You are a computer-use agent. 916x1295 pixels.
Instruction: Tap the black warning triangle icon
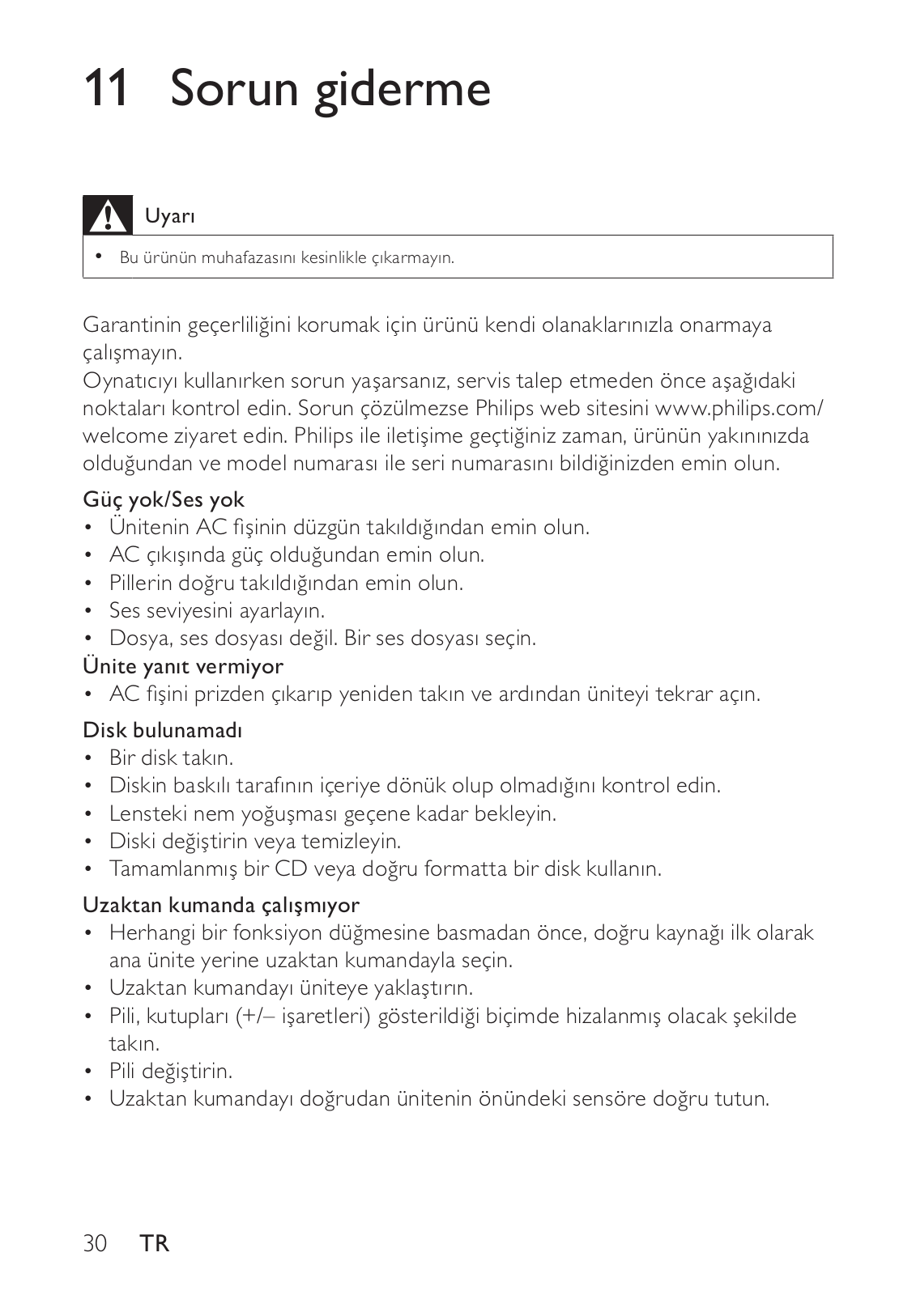(x=108, y=215)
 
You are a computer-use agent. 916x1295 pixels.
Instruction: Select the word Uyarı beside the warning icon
(x=170, y=216)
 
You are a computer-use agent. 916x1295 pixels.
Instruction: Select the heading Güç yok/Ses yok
(x=164, y=499)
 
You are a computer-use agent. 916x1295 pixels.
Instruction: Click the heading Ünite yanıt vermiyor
(x=183, y=666)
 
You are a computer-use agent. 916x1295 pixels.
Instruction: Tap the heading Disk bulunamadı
(x=163, y=730)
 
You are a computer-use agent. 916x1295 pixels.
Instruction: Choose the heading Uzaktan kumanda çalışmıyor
(x=221, y=904)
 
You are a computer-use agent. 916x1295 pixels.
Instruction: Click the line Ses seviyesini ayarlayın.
(x=217, y=610)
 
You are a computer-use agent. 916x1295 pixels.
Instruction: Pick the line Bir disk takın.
(x=171, y=758)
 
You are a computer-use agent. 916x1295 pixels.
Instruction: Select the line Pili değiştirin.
(x=171, y=1071)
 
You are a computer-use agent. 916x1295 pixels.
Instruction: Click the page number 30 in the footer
(x=95, y=1243)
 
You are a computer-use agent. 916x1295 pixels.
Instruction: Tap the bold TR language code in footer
(x=154, y=1243)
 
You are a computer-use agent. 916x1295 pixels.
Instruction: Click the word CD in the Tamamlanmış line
(x=291, y=868)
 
